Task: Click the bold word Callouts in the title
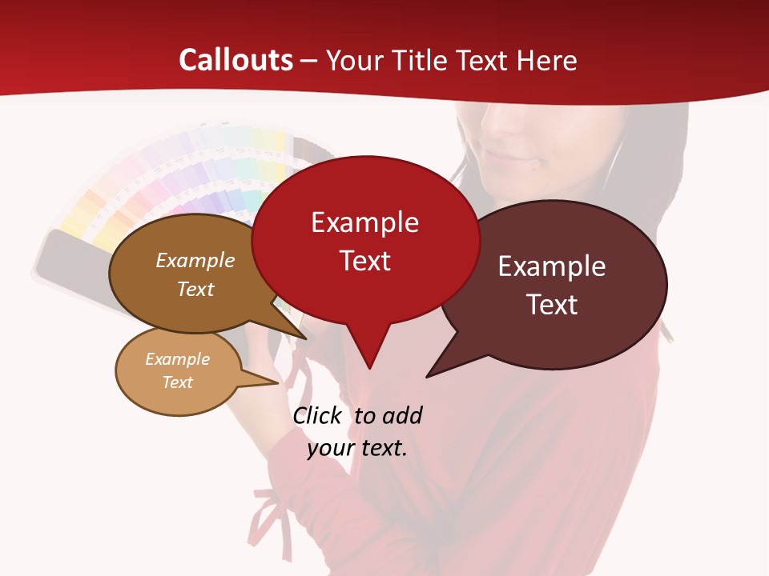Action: point(236,60)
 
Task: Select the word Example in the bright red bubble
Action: point(364,222)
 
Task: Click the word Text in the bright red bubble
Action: point(364,261)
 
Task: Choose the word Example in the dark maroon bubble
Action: point(552,266)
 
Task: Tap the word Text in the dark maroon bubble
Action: point(552,305)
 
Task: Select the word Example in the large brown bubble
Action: point(195,261)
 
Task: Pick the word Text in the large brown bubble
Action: point(195,289)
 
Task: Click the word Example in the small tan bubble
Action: point(177,359)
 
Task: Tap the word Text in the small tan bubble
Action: point(177,382)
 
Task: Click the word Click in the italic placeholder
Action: point(318,416)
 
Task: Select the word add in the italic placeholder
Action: point(401,416)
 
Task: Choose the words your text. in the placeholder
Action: point(357,448)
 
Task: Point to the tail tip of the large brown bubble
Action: point(304,338)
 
